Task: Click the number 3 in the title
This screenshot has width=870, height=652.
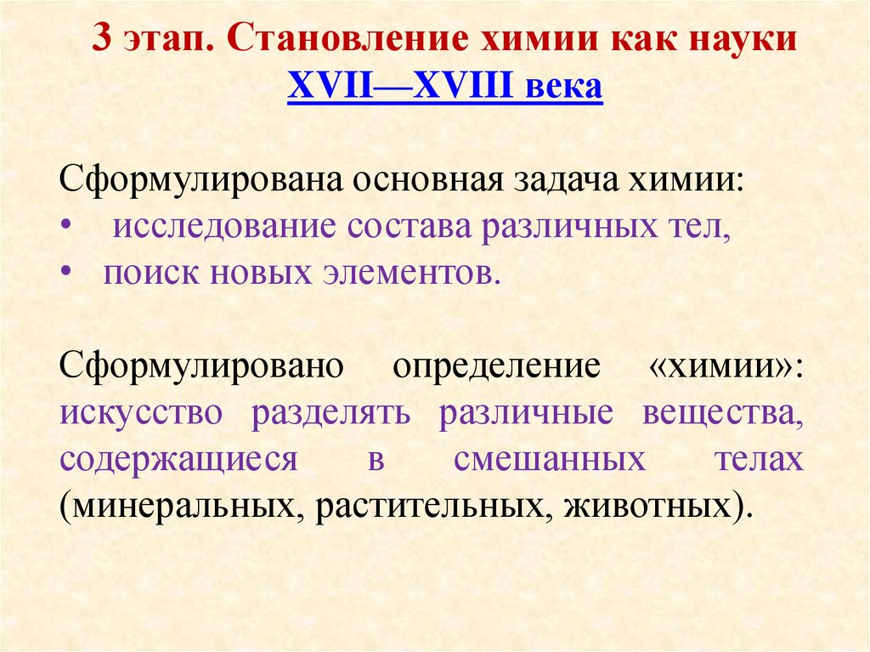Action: (x=103, y=41)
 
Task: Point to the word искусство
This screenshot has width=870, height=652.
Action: (x=142, y=413)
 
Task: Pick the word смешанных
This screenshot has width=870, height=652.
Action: (x=550, y=459)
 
